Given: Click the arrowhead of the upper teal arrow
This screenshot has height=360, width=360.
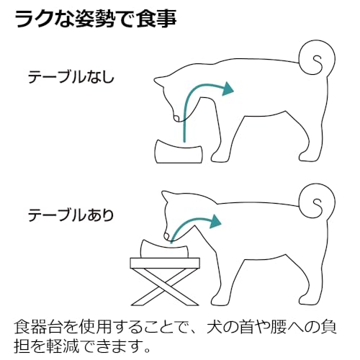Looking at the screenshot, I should pos(229,89).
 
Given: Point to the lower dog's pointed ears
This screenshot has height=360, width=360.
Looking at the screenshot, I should pos(170,196).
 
